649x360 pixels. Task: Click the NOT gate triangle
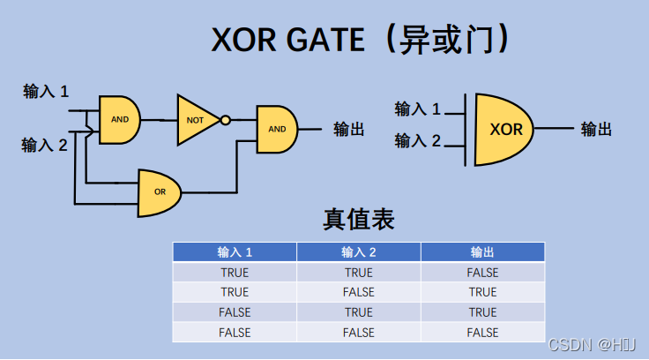195,119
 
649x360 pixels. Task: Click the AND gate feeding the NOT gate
119,118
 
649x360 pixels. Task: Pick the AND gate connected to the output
276,129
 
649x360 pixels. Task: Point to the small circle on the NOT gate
226,120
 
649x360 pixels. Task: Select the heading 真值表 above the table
359,220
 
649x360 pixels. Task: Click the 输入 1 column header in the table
235,252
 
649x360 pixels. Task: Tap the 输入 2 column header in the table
359,252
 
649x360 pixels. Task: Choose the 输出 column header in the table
482,252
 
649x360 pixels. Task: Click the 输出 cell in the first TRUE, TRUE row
482,273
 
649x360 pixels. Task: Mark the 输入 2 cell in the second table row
359,292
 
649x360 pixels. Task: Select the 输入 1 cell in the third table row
235,312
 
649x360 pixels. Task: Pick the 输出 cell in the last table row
482,333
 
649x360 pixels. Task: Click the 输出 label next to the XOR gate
596,130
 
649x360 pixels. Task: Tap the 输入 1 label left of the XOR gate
418,109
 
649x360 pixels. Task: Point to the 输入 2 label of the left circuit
45,146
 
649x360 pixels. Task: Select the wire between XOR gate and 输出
554,129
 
